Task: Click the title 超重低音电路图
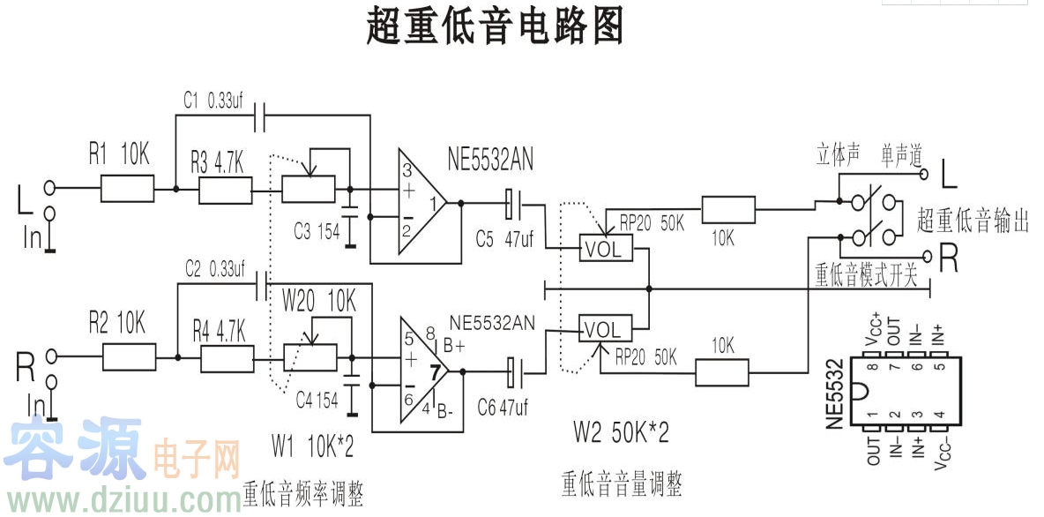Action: tap(495, 26)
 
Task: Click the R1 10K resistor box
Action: tap(128, 189)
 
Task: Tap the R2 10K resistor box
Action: tap(130, 356)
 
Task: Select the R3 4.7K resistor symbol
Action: tap(226, 191)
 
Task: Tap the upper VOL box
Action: tap(604, 249)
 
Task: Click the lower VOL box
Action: tap(604, 330)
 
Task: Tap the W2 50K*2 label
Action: tap(621, 432)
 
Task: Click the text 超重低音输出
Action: tap(973, 220)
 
